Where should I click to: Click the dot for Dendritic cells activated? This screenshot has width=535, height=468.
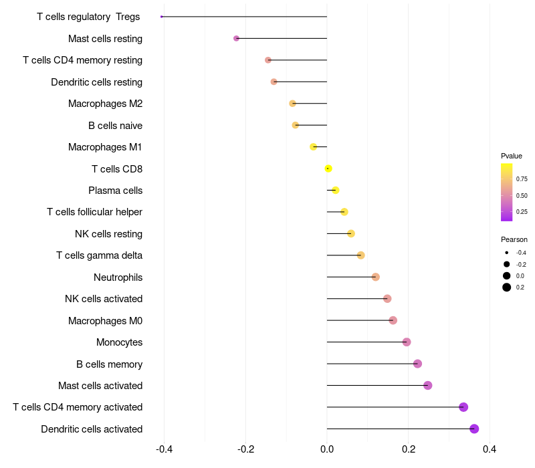[474, 429]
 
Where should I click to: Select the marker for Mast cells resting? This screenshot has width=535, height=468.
[236, 38]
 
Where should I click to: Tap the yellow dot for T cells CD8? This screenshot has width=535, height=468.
[328, 168]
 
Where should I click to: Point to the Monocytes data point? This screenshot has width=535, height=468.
[407, 342]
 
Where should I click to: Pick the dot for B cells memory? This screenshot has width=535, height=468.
[418, 364]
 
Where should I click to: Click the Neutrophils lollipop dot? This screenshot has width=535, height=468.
[376, 277]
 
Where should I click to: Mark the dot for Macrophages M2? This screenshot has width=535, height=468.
[292, 104]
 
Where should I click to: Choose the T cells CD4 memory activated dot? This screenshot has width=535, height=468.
[463, 407]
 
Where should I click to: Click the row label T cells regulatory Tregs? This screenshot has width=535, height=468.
[89, 17]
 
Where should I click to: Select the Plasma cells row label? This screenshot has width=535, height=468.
[115, 191]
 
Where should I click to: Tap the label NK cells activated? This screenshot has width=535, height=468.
[104, 299]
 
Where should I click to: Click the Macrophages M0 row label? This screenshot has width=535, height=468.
[105, 321]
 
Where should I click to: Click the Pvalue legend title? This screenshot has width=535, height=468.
[512, 156]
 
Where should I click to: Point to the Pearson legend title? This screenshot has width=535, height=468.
[514, 239]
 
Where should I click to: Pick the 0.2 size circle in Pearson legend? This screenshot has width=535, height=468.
[507, 287]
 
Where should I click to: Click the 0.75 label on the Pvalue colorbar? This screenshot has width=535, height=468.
[522, 179]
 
